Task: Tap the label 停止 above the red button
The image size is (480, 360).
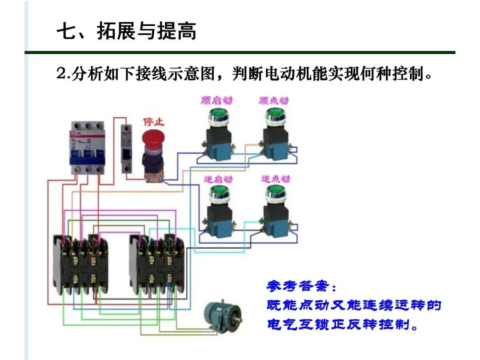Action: pos(154,121)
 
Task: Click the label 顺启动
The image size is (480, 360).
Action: pos(216,101)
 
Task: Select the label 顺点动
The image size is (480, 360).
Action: pos(274,101)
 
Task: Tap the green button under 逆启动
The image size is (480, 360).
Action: pos(218,192)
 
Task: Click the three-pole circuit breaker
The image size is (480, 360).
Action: pos(88,147)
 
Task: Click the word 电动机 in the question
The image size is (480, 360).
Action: pos(295,74)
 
